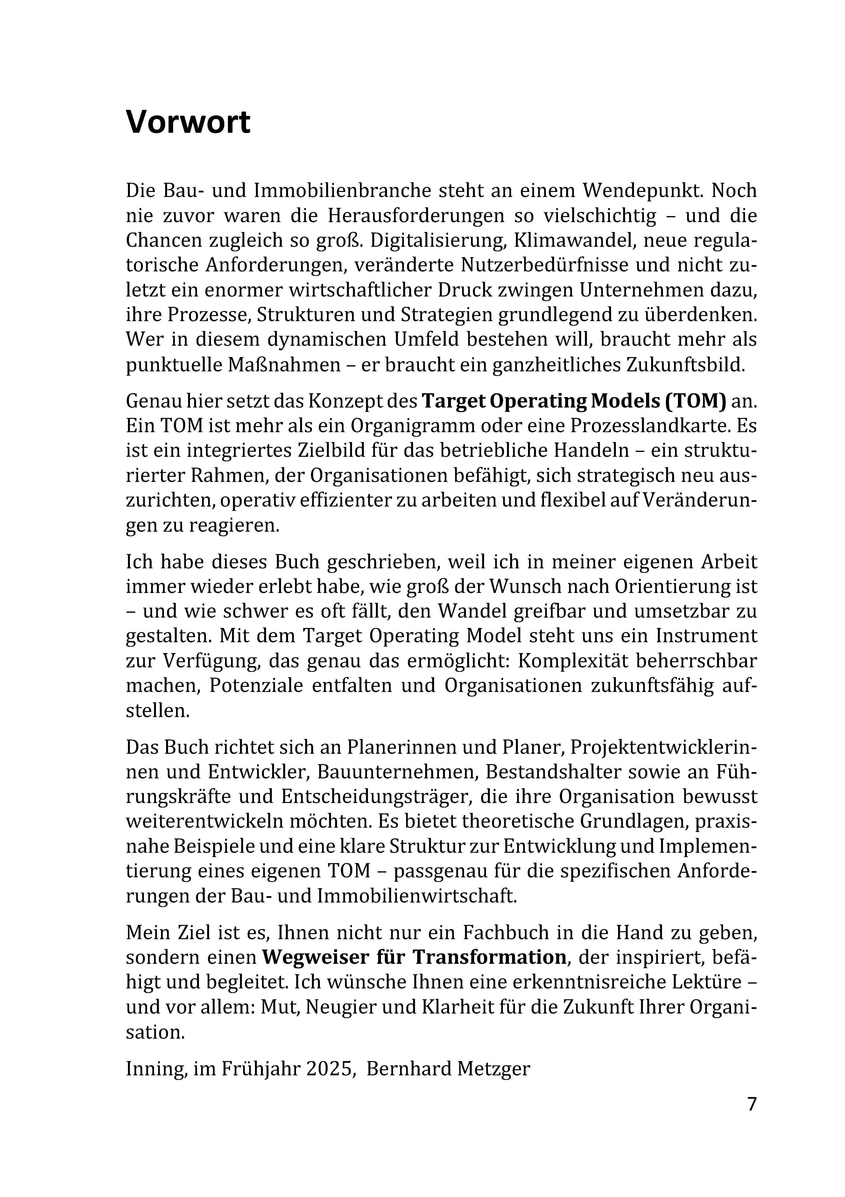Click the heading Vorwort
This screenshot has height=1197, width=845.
(x=188, y=123)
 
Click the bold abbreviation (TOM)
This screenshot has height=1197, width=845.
(x=695, y=401)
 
